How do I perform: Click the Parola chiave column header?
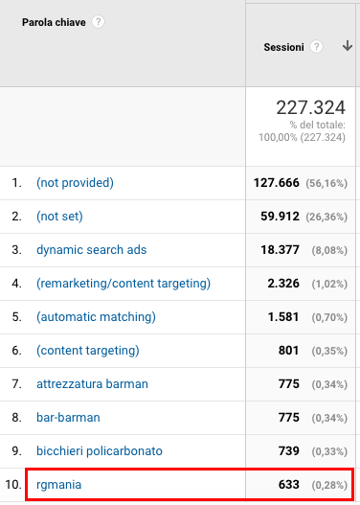pos(54,22)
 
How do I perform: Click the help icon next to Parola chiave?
pos(98,22)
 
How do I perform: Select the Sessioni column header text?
pos(283,47)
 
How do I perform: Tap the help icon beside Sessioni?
pos(316,47)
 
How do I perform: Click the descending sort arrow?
pos(348,46)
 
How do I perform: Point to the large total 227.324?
pos(311,107)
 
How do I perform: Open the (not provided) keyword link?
pos(75,183)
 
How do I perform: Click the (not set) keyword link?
pos(59,217)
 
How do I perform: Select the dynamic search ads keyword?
pos(91,250)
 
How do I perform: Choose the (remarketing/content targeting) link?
pos(124,284)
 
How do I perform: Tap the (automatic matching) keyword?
pos(96,317)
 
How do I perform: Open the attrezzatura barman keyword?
pos(92,384)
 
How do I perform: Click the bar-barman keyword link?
pos(68,418)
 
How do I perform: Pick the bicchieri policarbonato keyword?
pos(100,451)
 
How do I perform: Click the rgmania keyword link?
pos(58,485)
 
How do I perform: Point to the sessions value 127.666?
pos(277,183)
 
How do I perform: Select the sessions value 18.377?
pos(280,250)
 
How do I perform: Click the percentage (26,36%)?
pos(326,217)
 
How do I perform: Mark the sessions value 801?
pos(288,351)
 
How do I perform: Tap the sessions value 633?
pos(288,484)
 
